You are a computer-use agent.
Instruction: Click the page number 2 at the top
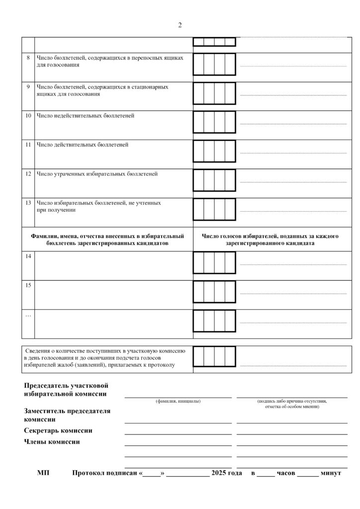(180, 25)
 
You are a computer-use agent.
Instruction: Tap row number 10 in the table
(28, 116)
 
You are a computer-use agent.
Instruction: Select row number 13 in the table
(28, 203)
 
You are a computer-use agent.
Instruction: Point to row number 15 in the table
(28, 285)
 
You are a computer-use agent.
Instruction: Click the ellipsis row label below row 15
(28, 315)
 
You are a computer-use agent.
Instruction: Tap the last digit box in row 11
(230, 151)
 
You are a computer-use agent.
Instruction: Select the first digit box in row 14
(198, 262)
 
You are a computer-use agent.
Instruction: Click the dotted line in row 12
(293, 182)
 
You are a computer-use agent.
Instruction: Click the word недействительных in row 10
(75, 116)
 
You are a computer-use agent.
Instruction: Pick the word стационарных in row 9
(150, 87)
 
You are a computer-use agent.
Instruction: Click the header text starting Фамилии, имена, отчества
(107, 240)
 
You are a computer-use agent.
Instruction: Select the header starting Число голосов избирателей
(270, 240)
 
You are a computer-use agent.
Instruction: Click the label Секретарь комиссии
(58, 430)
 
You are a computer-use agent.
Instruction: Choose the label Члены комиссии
(52, 441)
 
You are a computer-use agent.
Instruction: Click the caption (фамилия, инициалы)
(178, 401)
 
